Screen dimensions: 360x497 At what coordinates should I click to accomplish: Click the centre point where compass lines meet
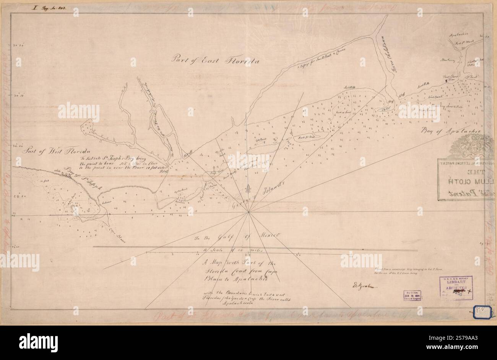[x=249, y=212]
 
